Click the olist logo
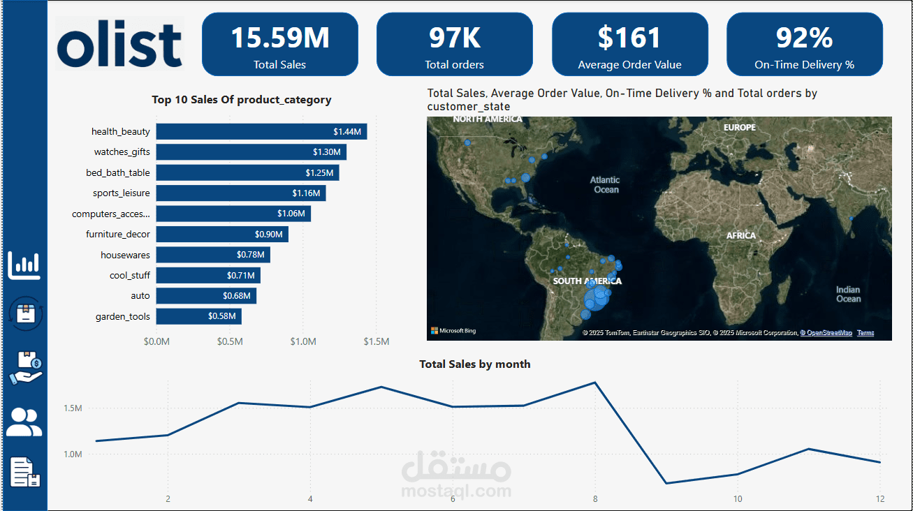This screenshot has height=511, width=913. point(119,43)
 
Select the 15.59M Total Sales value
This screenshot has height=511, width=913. point(279,38)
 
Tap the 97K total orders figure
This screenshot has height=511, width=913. point(454,38)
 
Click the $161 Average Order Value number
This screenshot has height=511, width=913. point(629,38)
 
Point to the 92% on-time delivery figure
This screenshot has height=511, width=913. point(804,38)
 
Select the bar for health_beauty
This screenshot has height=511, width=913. point(261,131)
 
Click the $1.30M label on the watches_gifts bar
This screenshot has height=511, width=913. point(326,152)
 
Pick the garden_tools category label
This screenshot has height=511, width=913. point(123,317)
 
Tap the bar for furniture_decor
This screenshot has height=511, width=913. point(221,235)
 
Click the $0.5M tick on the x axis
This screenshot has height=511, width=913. point(230,342)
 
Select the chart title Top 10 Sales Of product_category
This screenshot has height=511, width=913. point(242,100)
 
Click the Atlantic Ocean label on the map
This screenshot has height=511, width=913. point(605,185)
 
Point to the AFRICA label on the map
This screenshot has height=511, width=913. point(741,236)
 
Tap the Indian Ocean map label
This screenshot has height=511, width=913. point(848,294)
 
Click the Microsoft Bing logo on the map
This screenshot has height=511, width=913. point(453,331)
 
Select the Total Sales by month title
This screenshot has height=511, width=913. point(475,364)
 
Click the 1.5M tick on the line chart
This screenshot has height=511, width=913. point(73,408)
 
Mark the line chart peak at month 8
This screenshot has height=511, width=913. point(595,383)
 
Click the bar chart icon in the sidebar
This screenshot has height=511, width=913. point(24,265)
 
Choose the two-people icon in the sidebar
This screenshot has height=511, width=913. point(24,422)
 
